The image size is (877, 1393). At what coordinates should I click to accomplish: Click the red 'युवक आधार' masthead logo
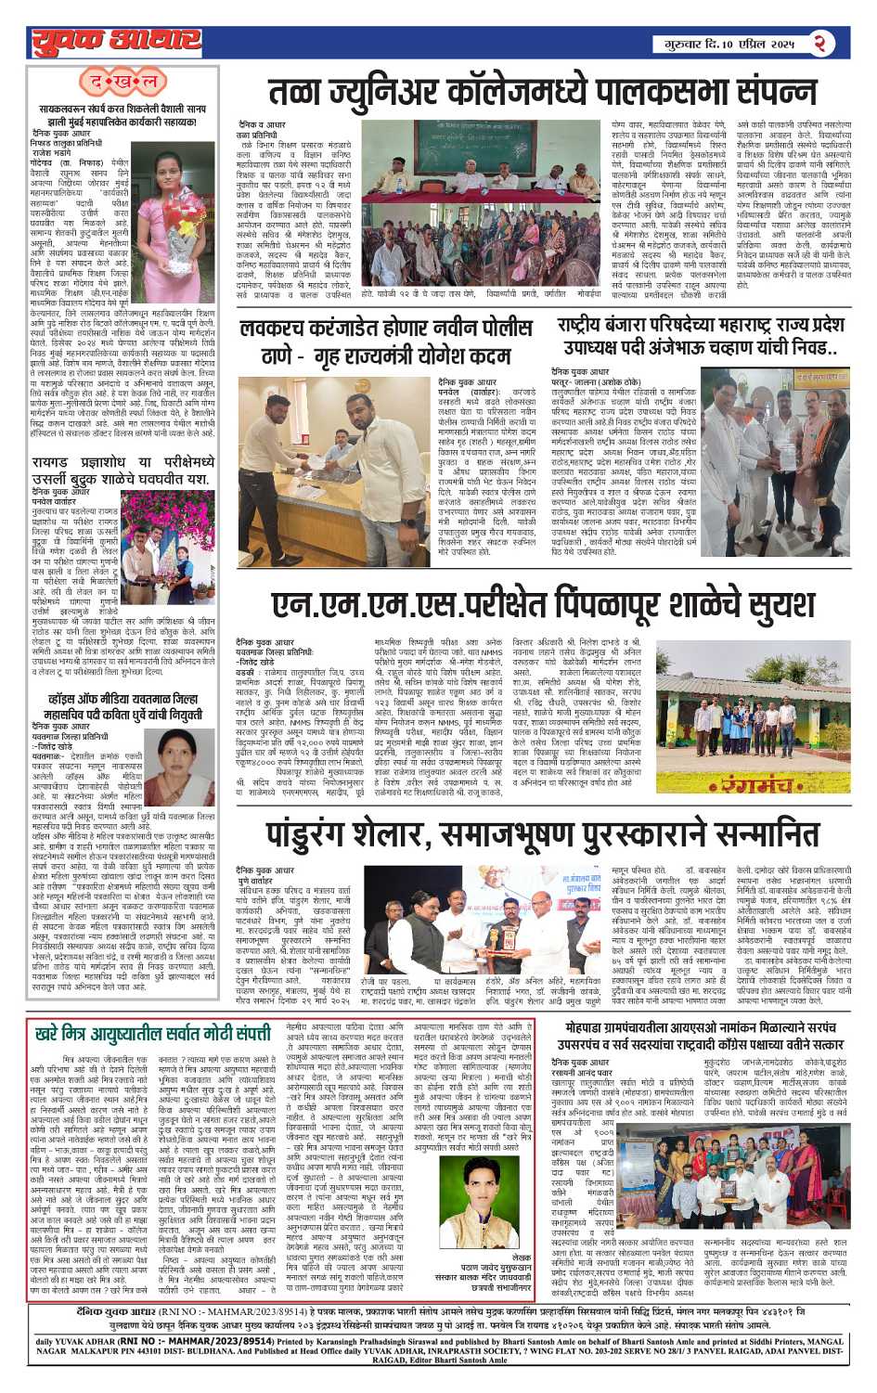point(115,41)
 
